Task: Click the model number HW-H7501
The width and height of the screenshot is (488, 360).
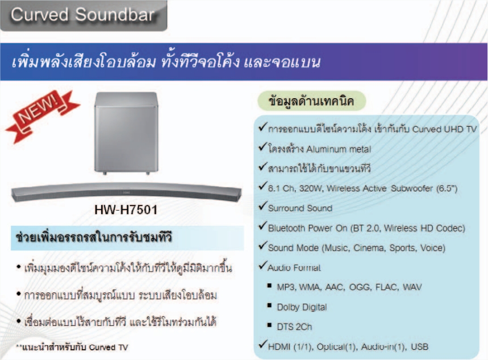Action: (126, 210)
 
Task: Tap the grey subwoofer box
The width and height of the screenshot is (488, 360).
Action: (126, 133)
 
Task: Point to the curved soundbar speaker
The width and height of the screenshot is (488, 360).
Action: (126, 192)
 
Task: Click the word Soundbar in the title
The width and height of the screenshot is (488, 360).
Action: (115, 15)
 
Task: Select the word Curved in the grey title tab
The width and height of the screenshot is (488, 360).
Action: (40, 15)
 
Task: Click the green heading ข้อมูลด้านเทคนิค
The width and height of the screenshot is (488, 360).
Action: (311, 101)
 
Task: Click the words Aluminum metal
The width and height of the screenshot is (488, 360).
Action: (339, 149)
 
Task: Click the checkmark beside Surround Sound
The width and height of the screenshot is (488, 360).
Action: (262, 206)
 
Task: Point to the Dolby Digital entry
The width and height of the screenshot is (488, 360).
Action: (302, 307)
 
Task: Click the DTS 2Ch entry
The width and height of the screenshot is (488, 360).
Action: (294, 326)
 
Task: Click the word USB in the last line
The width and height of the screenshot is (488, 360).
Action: (419, 346)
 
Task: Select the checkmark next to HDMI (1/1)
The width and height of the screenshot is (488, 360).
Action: (262, 344)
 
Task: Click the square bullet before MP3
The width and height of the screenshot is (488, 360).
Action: (269, 285)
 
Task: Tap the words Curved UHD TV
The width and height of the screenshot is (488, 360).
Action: (444, 129)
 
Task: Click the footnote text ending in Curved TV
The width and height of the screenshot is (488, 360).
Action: (72, 348)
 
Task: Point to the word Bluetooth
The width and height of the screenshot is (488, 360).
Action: (286, 228)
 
